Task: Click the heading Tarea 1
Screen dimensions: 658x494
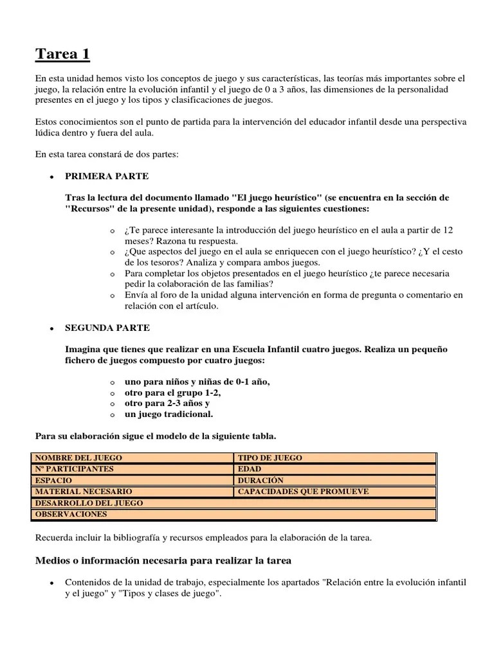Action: (x=62, y=55)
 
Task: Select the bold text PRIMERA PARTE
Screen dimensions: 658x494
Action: (x=107, y=176)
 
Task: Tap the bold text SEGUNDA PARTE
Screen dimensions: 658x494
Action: (x=107, y=328)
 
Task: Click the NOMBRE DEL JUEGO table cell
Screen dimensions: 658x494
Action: (x=132, y=458)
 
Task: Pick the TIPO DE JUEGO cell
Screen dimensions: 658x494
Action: (x=334, y=458)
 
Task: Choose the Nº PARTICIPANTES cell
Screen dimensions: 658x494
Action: (x=132, y=469)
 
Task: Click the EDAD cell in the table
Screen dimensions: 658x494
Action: (x=334, y=469)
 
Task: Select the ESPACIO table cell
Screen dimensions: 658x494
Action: (x=132, y=481)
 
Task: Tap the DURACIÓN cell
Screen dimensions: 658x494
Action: (x=334, y=481)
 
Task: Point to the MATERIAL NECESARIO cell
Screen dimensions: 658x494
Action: (x=132, y=492)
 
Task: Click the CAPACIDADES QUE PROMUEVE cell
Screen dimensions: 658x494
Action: (x=334, y=492)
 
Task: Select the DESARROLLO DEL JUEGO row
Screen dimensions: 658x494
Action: (x=233, y=503)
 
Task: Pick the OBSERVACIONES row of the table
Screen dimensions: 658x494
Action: (x=233, y=514)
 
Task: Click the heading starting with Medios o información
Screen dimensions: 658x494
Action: (x=163, y=561)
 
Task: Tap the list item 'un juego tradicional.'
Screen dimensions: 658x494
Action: (x=169, y=414)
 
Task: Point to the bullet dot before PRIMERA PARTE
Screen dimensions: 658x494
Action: (x=50, y=177)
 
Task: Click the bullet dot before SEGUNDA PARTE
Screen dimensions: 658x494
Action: (x=50, y=328)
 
